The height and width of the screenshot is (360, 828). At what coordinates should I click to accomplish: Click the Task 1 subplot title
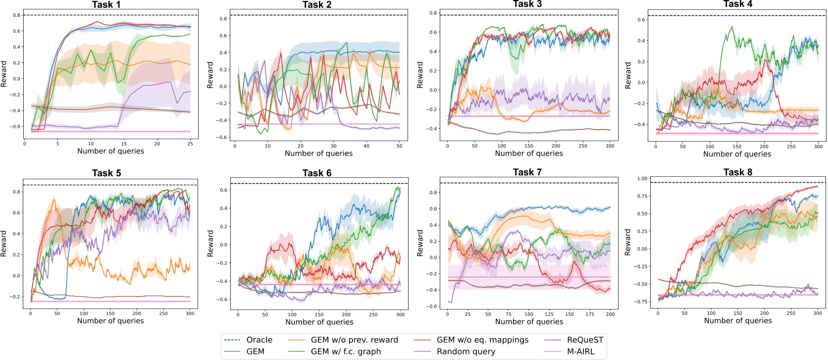pyautogui.click(x=106, y=4)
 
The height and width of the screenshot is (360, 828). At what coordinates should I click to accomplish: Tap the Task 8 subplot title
pyautogui.click(x=737, y=172)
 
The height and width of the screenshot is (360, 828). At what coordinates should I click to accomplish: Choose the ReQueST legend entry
pyautogui.click(x=585, y=340)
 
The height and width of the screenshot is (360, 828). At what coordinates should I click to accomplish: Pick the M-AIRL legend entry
pyautogui.click(x=580, y=352)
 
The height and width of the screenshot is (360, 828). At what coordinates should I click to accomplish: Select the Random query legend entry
pyautogui.click(x=466, y=352)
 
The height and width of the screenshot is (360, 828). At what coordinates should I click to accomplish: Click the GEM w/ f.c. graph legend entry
pyautogui.click(x=346, y=352)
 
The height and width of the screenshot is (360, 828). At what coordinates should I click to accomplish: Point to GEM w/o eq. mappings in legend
pyautogui.click(x=482, y=340)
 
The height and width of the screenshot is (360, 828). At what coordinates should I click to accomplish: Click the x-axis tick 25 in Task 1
pyautogui.click(x=190, y=144)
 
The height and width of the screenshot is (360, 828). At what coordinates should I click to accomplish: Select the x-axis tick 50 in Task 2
pyautogui.click(x=399, y=146)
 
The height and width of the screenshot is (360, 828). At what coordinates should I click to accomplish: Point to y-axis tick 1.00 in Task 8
pyautogui.click(x=642, y=178)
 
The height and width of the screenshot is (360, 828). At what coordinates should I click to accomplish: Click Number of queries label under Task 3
pyautogui.click(x=528, y=154)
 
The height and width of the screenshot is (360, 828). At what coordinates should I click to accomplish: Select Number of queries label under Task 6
pyautogui.click(x=319, y=322)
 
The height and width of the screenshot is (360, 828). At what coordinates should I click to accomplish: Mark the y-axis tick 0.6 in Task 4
pyautogui.click(x=642, y=20)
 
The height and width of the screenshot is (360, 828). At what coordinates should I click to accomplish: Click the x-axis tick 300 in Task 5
pyautogui.click(x=190, y=313)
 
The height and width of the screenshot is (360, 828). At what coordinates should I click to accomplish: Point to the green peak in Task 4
pyautogui.click(x=732, y=27)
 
